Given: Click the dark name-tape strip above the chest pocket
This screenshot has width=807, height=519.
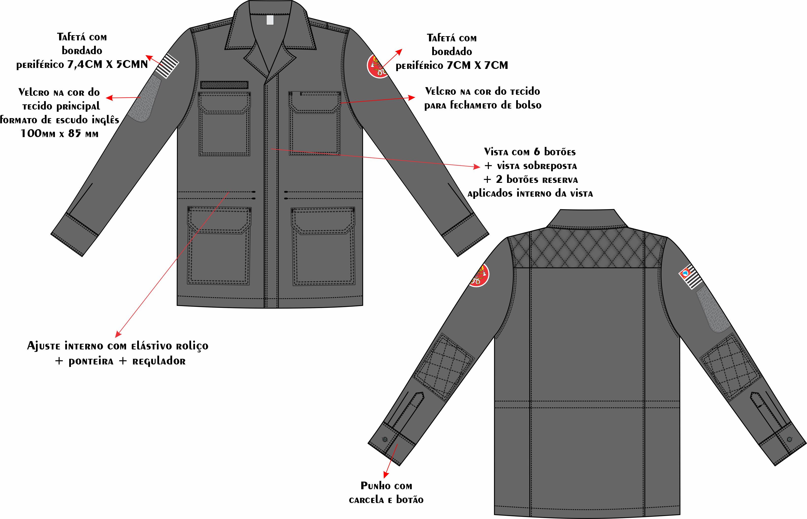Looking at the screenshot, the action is click(224, 85).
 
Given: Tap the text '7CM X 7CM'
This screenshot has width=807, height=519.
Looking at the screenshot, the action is click(477, 65).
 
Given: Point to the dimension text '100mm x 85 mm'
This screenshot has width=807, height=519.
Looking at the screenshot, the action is click(59, 134).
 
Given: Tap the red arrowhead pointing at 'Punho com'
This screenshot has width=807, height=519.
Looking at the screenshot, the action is click(386, 474).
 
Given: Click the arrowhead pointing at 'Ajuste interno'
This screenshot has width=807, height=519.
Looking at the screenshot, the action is click(118, 334).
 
